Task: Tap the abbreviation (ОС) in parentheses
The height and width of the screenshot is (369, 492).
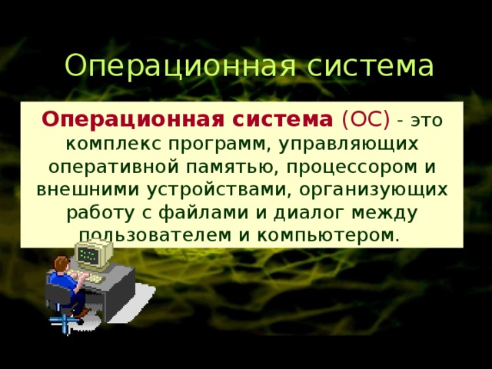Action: point(364,121)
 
